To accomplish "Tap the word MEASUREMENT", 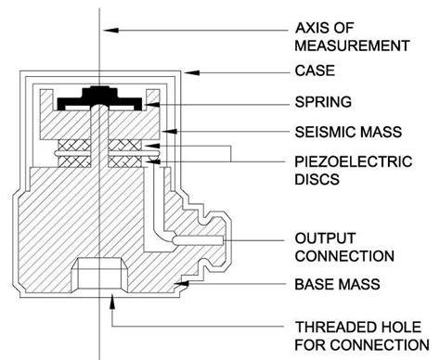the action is [352, 45].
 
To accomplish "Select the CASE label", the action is [315, 71].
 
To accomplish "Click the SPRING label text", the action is [323, 102].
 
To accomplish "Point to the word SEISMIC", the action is [322, 132].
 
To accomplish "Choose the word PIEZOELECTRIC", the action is [354, 161].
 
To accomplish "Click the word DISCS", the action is [317, 179].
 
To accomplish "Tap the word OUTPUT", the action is [325, 238].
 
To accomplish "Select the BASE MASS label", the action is [337, 285].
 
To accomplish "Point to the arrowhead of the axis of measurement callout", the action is [110, 30].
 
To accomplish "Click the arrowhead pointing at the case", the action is [192, 72].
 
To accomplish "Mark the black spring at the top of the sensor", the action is [100, 96].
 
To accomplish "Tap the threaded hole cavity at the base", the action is [99, 275].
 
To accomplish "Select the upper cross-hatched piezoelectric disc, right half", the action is [125, 145].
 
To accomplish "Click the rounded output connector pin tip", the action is [175, 240].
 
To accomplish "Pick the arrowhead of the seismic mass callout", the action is [170, 132].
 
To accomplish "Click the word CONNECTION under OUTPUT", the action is [344, 256].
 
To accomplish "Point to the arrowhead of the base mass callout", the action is [183, 283].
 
